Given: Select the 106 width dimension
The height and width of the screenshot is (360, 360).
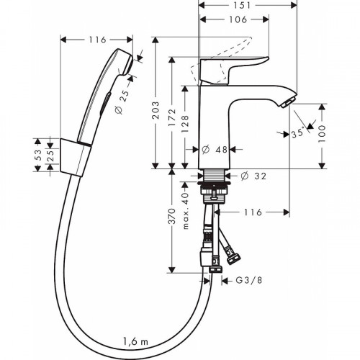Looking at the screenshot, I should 230,20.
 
